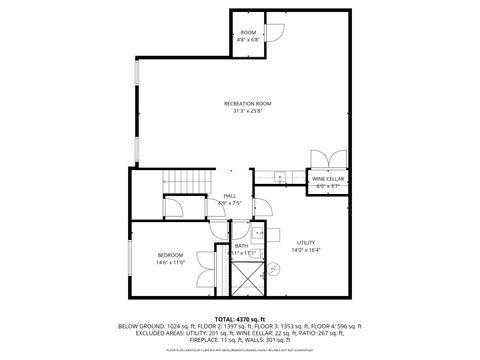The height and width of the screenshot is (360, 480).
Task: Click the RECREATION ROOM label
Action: pyautogui.click(x=247, y=103)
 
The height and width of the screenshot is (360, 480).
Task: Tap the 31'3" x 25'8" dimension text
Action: pyautogui.click(x=247, y=111)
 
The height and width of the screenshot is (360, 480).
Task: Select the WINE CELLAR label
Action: pyautogui.click(x=328, y=179)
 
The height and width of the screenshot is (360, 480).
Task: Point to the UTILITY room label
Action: pyautogui.click(x=306, y=243)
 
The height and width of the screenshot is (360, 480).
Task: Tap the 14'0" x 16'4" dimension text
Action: pyautogui.click(x=306, y=250)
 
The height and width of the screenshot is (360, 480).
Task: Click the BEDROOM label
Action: pyautogui.click(x=169, y=255)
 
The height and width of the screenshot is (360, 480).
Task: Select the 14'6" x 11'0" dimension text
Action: pyautogui.click(x=169, y=262)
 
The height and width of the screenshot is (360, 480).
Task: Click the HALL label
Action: pyautogui.click(x=230, y=196)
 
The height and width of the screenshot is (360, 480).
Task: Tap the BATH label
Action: pyautogui.click(x=241, y=246)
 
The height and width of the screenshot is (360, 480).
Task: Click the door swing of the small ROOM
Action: pyautogui.click(x=274, y=30)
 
